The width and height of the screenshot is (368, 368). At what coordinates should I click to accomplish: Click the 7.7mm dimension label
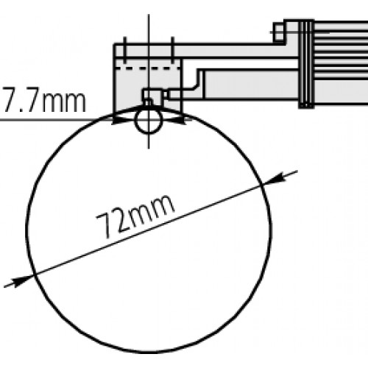pos(43,102)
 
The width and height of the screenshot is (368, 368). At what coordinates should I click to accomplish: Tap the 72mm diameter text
pos(135,217)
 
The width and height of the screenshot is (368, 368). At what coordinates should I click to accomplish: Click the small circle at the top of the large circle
pos(149,121)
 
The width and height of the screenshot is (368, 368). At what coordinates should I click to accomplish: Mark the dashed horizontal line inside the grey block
pos(149,68)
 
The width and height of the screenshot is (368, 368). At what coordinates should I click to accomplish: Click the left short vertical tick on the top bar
pos(124,50)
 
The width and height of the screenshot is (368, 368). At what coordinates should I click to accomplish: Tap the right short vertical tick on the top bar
pos(172,50)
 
